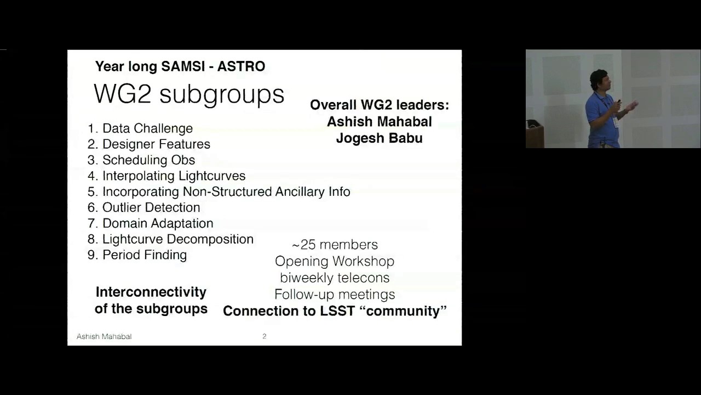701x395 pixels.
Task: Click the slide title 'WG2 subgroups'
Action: tap(189, 94)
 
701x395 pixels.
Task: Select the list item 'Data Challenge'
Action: tap(147, 128)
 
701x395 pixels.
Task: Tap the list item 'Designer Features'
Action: tap(156, 144)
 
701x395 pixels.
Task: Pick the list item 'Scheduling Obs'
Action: tap(148, 160)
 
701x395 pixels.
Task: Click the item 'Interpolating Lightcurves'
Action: tap(174, 176)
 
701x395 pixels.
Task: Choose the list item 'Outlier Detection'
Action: tap(151, 207)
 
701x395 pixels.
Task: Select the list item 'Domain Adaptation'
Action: tap(158, 223)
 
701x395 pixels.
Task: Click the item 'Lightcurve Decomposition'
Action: tap(177, 239)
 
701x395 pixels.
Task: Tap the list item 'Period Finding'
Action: tap(145, 255)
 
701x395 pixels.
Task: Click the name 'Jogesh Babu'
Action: tap(379, 138)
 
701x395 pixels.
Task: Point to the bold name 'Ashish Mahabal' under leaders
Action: tap(379, 122)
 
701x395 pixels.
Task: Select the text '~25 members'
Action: tap(335, 245)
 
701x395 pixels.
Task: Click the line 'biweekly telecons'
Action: tap(335, 278)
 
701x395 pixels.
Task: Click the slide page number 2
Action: tap(265, 336)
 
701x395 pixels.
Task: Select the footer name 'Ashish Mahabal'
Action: tap(104, 336)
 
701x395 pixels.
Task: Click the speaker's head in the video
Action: tap(599, 79)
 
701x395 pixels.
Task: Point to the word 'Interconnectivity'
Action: tap(151, 292)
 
